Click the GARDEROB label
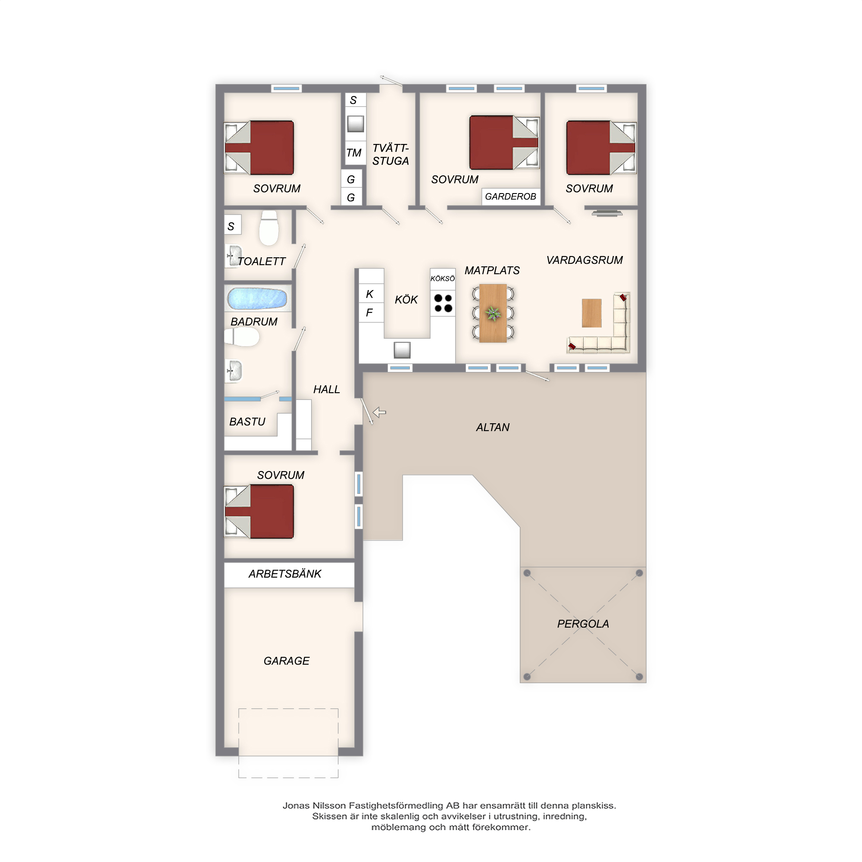pos(510,197)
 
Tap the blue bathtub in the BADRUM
pos(257,299)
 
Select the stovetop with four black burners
pos(443,303)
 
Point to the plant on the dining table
pos(493,313)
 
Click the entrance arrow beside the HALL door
pos(379,412)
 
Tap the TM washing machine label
pos(354,153)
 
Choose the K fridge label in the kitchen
pos(369,294)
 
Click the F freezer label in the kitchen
pos(369,313)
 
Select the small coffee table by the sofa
pos(592,313)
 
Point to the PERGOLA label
pos(583,624)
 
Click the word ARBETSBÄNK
pos(285,574)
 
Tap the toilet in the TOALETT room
pos(269,228)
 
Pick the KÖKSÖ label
pos(443,279)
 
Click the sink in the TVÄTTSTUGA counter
pos(356,124)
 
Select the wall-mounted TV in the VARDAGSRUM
pos(607,213)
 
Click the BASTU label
pos(247,422)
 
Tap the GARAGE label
pos(287,661)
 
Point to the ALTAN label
pos(493,428)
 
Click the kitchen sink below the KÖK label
pos(402,350)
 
